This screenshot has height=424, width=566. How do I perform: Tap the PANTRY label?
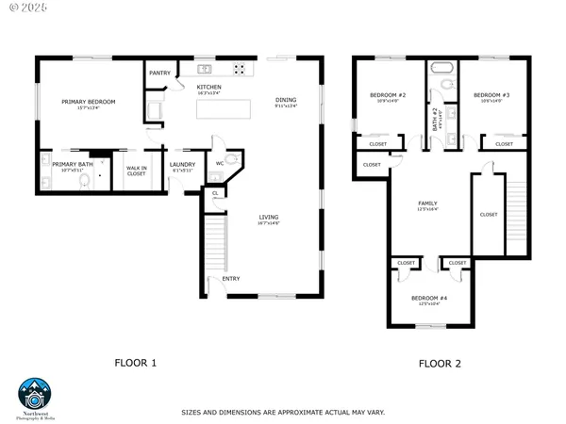pos(159,73)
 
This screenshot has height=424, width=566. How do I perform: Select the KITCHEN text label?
pos(209,88)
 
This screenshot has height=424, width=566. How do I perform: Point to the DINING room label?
pos(286,100)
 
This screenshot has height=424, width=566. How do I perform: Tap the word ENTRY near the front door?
pos(231,278)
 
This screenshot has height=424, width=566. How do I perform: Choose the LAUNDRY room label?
pos(182,165)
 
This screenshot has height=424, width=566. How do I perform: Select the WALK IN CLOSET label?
pos(136,171)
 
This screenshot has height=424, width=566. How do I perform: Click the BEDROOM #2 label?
pos(388,95)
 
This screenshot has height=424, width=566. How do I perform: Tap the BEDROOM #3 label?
pos(491,95)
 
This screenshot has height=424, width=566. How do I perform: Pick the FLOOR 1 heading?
pos(135,362)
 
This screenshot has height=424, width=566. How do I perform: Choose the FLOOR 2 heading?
pos(440,362)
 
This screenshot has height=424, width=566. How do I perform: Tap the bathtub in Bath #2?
pos(442,69)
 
